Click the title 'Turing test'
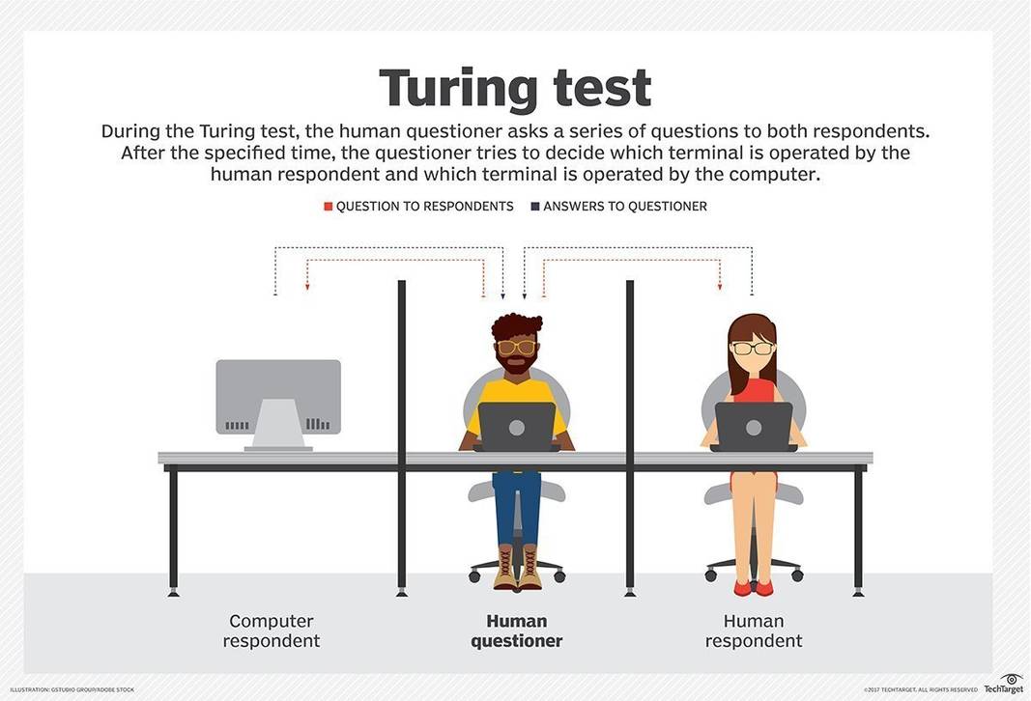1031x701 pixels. [x=515, y=88]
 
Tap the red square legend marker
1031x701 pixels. [x=329, y=207]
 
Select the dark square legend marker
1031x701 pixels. [x=534, y=207]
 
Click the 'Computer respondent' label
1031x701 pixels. [x=272, y=631]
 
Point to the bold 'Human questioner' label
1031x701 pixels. [x=516, y=631]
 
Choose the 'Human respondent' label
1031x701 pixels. [x=754, y=631]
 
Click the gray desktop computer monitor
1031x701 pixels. [x=278, y=396]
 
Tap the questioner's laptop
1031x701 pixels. [x=517, y=426]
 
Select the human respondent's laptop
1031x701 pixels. [x=754, y=426]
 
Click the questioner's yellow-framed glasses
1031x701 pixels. [x=516, y=347]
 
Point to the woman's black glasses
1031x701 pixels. [x=753, y=348]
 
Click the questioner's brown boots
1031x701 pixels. [x=517, y=568]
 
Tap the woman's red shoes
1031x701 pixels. [x=754, y=587]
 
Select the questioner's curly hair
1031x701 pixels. [x=516, y=324]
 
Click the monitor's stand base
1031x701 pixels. [x=278, y=447]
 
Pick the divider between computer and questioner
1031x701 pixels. [x=402, y=435]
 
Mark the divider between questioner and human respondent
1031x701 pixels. [x=630, y=435]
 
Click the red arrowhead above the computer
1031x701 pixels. [x=307, y=287]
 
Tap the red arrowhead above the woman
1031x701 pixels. [x=720, y=287]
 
